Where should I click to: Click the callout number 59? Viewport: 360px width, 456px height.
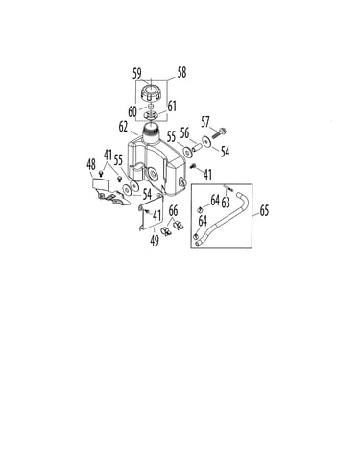coord(137,74)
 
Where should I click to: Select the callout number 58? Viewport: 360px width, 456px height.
coord(181,73)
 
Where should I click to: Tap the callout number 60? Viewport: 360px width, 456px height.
coord(132,111)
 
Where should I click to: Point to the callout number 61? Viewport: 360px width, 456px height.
coord(172,106)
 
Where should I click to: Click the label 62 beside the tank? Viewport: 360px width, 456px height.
coord(123,127)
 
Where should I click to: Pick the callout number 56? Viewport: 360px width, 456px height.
coord(184,132)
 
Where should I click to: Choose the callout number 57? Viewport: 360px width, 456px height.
coord(205,122)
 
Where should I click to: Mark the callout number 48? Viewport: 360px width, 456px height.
coord(91,165)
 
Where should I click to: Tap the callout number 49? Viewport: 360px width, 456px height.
coord(155,240)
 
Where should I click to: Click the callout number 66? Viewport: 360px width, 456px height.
coord(173,211)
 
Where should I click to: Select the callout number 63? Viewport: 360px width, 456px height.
coord(226,203)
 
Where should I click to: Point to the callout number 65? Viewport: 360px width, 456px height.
coord(264,210)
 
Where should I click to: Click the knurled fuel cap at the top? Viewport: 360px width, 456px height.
coord(151,92)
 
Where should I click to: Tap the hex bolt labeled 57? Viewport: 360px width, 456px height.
coord(219,133)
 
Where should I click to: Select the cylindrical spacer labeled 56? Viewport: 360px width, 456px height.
coord(197,148)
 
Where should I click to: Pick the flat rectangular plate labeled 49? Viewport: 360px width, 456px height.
coord(152,212)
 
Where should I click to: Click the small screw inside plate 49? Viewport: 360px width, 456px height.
coord(147,211)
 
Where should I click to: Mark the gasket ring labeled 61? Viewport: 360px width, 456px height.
coord(151,114)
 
